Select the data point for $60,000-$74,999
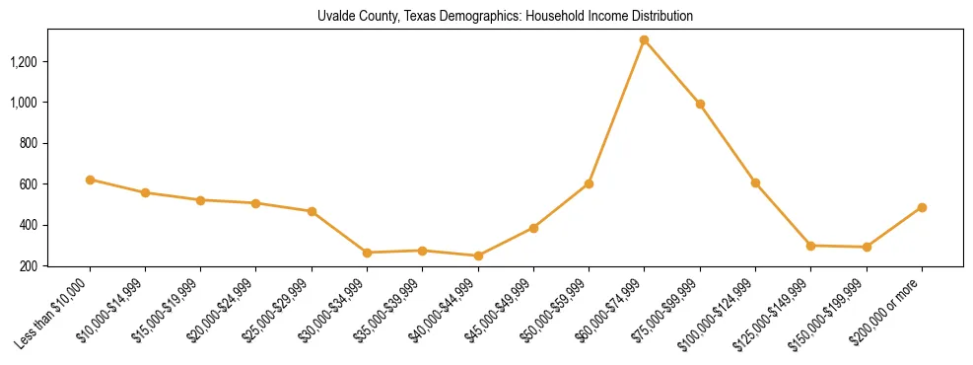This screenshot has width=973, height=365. tap(644, 40)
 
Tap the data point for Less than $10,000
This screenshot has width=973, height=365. tap(90, 180)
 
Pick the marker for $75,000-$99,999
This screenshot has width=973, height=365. tap(700, 104)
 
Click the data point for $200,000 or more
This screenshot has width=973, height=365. tap(922, 207)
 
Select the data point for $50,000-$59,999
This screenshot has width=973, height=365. tap(589, 183)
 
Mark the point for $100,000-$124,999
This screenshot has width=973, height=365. tap(755, 182)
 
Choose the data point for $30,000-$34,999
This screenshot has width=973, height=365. tap(367, 253)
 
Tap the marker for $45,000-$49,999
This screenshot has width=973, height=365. tap(533, 228)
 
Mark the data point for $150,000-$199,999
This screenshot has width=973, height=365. tap(867, 247)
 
